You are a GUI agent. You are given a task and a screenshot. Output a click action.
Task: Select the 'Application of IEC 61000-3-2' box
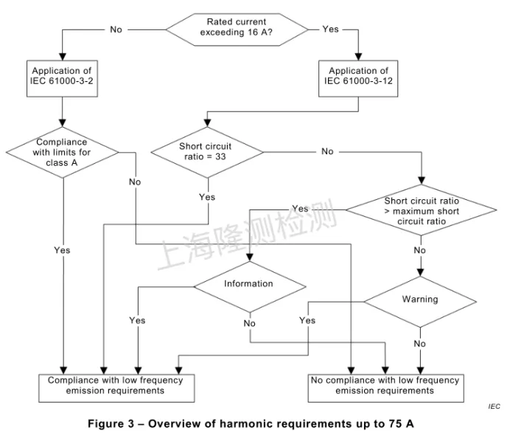tap(63, 77)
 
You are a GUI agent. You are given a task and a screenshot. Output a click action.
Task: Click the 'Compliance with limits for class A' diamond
tap(63, 153)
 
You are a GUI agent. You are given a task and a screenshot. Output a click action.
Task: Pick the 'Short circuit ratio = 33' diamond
tap(206, 151)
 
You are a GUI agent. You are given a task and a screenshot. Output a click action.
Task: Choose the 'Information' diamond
tap(248, 284)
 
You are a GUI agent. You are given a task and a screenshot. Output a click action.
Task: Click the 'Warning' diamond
tap(420, 300)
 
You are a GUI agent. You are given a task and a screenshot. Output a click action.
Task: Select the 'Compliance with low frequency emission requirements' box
tap(116, 386)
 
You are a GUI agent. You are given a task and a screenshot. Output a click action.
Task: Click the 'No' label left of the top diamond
tap(116, 30)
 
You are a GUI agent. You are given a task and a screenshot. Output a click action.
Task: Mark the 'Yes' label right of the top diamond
tap(331, 30)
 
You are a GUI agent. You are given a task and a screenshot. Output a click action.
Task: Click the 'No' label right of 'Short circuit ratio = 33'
tap(327, 151)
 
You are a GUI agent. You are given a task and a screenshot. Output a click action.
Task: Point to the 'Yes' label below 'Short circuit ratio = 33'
tap(207, 197)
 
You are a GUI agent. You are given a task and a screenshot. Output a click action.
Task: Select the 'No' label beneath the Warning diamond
tap(420, 344)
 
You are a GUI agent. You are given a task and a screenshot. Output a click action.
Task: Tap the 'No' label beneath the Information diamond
tap(249, 323)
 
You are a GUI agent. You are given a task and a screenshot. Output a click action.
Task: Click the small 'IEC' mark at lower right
tap(493, 406)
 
